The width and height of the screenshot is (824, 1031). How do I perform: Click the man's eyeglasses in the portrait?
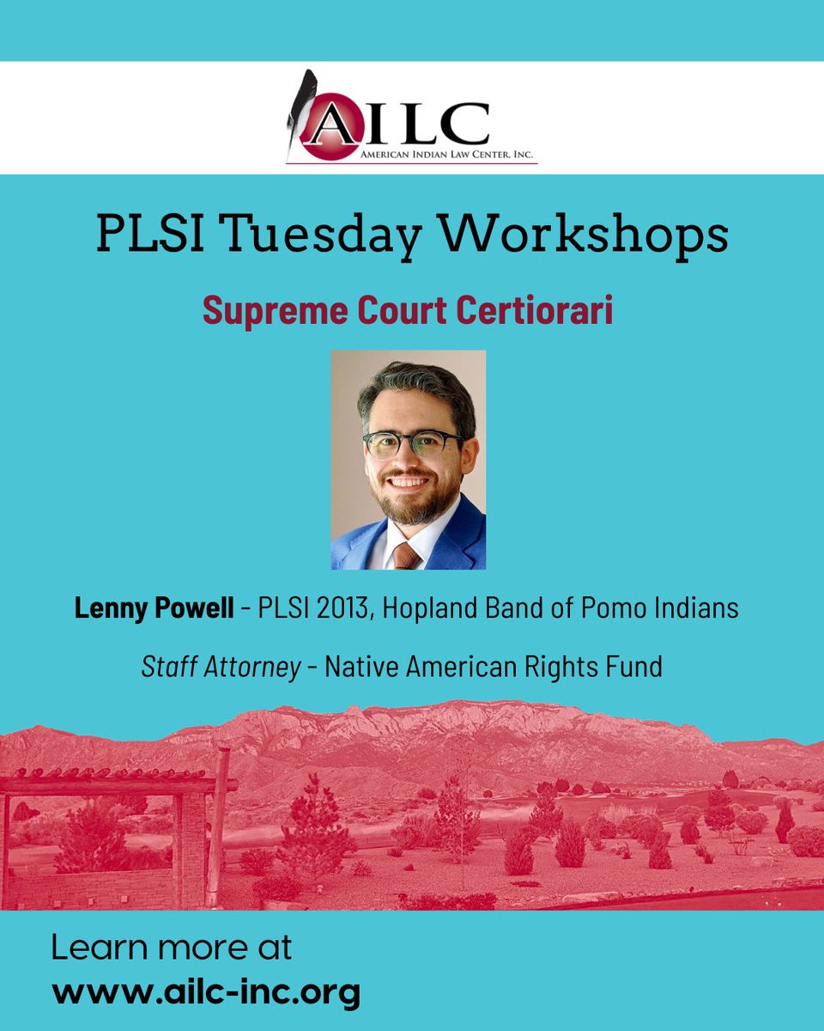[x=412, y=443]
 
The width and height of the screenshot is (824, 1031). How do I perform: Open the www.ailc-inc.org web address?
[x=206, y=992]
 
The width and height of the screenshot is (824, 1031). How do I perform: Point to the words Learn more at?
[x=172, y=949]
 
